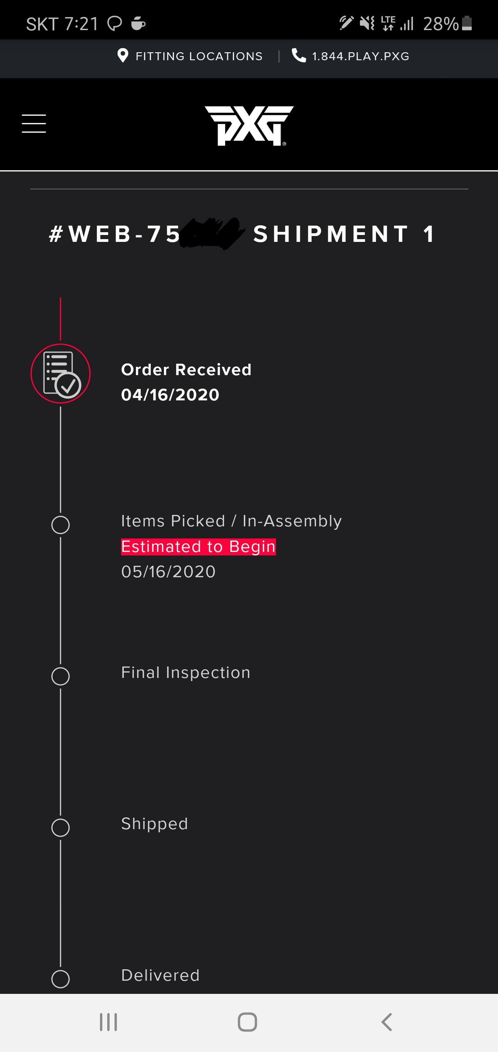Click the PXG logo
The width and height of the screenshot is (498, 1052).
pos(249,125)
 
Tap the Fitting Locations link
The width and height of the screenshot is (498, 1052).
pos(199,56)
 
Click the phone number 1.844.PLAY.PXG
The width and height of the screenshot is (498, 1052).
pos(360,56)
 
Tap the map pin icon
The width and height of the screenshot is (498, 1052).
pos(122,55)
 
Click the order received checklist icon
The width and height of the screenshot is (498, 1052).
pos(61,373)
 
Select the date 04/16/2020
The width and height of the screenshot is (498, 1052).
pos(170,394)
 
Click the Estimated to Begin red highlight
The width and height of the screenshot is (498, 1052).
pos(199,546)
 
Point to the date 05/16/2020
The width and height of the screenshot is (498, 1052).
pos(168,571)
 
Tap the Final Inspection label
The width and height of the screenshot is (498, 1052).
pos(186,672)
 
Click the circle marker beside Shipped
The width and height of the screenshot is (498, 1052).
pos(61,828)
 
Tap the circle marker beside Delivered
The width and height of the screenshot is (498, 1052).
pos(61,979)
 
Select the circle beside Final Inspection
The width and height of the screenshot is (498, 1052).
pos(61,676)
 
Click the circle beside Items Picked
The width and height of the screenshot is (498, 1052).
pos(61,525)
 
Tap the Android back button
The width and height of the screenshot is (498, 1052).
pos(386,1022)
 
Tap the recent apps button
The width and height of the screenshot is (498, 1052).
pos(109,1022)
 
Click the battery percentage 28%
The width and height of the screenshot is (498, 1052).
pos(441,24)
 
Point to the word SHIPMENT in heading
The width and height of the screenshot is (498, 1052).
pos(331,234)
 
